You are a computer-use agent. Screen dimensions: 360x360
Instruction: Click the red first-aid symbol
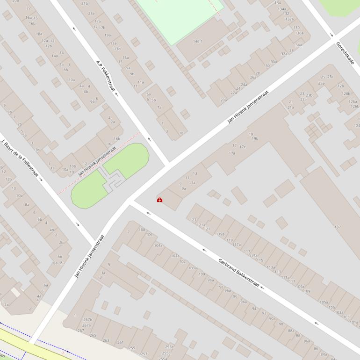tap(159, 200)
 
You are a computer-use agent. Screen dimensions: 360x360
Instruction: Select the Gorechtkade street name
tap(345, 55)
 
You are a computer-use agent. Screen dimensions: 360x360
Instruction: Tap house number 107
tap(338, 227)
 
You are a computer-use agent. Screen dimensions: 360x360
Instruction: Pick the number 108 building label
tap(142, 230)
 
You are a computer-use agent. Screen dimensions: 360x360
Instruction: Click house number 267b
tap(87, 320)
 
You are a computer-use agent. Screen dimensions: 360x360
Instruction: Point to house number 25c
tap(330, 77)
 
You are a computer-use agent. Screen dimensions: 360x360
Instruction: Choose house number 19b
tap(255, 138)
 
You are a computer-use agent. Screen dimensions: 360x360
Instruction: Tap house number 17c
tap(242, 146)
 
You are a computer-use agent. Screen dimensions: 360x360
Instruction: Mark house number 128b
tap(346, 94)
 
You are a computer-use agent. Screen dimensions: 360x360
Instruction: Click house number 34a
tap(298, 45)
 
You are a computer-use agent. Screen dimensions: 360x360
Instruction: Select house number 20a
tap(223, 100)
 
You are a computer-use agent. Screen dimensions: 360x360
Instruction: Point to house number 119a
tap(220, 234)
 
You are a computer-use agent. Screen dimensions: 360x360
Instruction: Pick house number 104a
tap(158, 245)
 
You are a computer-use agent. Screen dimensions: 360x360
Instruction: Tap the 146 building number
tap(197, 42)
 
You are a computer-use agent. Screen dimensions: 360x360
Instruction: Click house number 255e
tap(169, 347)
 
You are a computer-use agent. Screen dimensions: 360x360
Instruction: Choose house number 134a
tap(281, 9)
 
